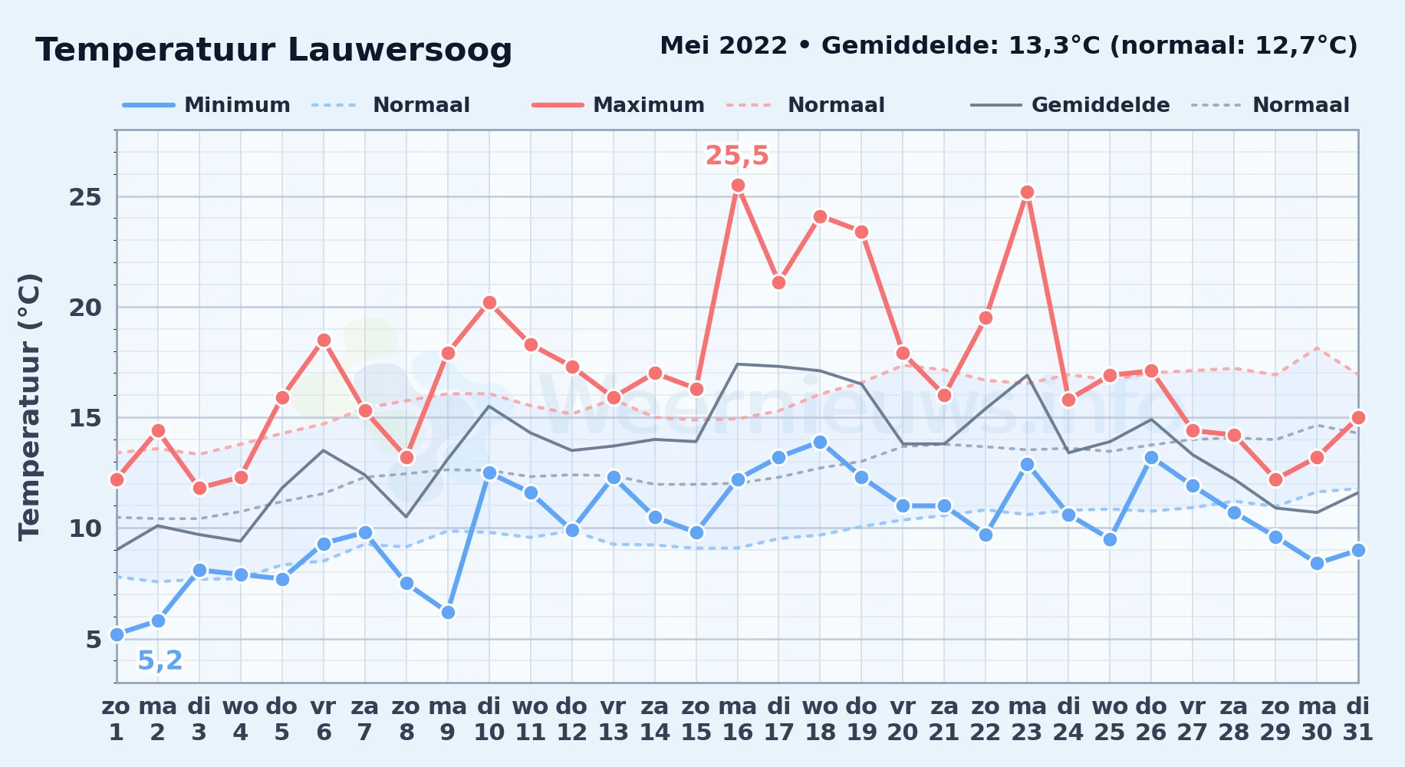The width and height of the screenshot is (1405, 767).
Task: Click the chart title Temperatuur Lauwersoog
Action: click(274, 50)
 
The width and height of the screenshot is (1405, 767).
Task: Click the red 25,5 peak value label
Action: click(737, 156)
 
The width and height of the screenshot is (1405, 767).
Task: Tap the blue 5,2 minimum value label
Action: click(160, 660)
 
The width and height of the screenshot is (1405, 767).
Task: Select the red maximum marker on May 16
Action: click(738, 185)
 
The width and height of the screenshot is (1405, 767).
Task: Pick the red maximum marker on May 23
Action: click(1027, 192)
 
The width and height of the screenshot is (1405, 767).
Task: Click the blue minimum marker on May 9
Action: click(448, 612)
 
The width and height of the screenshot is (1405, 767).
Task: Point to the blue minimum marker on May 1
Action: click(117, 634)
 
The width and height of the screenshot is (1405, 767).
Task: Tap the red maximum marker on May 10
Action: click(489, 303)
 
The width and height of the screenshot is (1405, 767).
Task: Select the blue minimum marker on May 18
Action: click(820, 442)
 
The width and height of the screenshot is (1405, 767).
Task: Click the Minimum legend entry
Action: click(206, 105)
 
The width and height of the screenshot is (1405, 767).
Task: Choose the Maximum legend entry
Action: click(618, 105)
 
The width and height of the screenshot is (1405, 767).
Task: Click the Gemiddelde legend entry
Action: click(1070, 105)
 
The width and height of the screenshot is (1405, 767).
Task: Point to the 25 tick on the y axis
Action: click(85, 197)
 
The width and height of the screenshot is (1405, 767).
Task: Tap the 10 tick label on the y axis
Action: click(85, 528)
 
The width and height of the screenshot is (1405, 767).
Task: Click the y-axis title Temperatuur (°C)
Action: click(29, 407)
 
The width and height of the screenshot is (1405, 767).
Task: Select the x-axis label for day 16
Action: click(737, 719)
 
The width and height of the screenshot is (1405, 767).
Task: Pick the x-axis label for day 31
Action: click(1357, 719)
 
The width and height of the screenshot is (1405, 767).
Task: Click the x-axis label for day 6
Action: click(324, 719)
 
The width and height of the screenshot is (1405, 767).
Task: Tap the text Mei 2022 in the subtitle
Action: click(723, 45)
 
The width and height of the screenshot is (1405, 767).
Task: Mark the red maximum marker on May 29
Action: click(1275, 479)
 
